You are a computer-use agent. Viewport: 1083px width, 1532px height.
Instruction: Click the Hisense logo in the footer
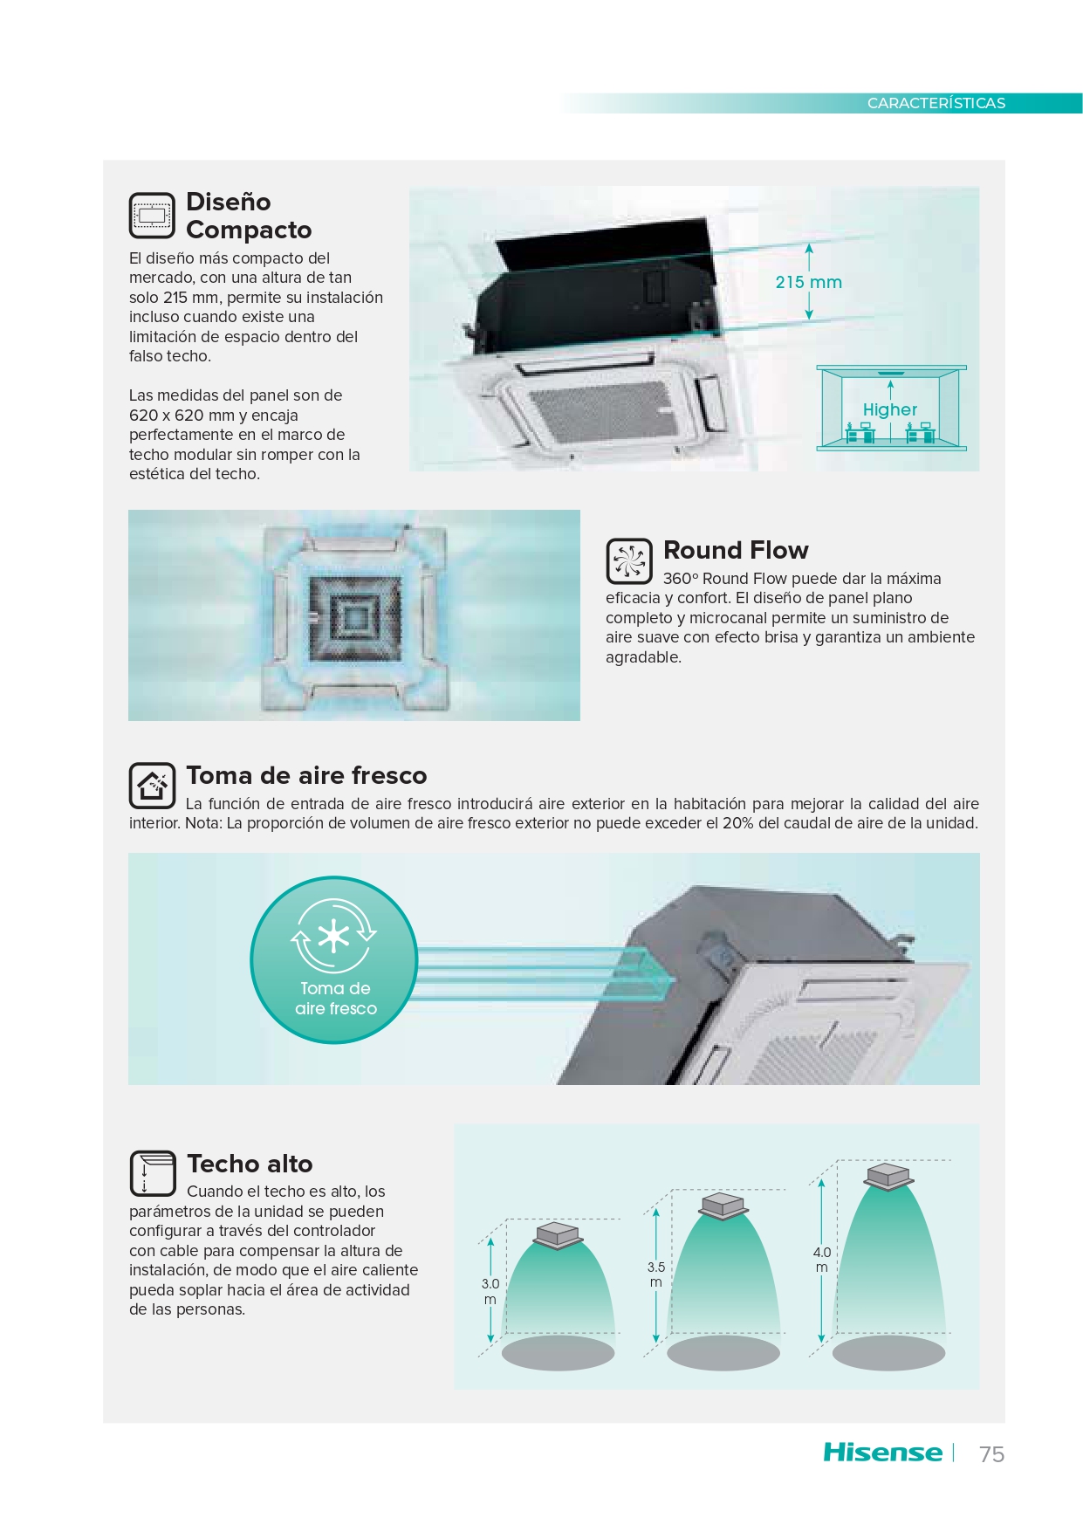coord(882,1453)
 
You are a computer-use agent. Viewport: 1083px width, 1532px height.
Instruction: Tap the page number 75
coord(991,1454)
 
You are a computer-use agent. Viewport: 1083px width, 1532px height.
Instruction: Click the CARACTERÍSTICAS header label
coord(936,103)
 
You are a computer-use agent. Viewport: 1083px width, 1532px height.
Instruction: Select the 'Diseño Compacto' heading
coord(249,216)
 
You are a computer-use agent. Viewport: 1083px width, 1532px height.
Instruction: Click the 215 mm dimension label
coord(809,282)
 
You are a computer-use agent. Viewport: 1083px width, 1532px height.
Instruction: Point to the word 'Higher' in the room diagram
coord(889,409)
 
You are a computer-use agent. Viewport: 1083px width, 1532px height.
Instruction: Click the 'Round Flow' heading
coord(736,550)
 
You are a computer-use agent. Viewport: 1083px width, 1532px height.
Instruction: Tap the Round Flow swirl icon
coord(629,560)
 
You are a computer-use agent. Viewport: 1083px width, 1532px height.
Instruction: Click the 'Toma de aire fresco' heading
coord(306,775)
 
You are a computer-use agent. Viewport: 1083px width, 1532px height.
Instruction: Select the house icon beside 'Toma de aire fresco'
coord(153,786)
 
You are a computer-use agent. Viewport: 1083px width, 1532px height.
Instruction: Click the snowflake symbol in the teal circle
coord(333,937)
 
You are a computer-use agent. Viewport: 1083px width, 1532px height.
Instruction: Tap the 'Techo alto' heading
coord(250,1164)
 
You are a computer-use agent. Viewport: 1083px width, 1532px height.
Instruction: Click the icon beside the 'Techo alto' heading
coord(153,1173)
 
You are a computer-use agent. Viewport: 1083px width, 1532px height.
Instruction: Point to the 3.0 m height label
coord(490,1291)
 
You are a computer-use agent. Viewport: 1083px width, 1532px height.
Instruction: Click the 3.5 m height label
coord(656,1274)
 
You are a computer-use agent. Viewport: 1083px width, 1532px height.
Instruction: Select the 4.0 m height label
coord(822,1259)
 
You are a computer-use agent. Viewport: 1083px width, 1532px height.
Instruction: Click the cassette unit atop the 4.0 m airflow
coord(888,1175)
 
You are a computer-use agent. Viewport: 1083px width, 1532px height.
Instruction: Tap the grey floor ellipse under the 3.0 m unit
coord(558,1353)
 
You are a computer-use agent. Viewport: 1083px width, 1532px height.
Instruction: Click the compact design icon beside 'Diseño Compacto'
coord(153,216)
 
